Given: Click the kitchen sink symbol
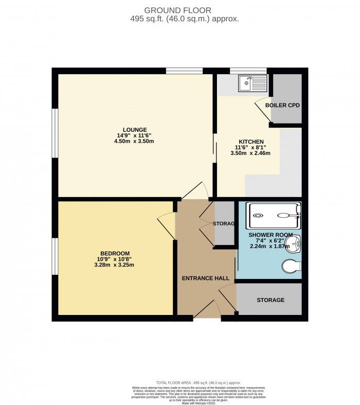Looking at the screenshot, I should point(252,83).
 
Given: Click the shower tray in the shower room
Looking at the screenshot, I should point(273,216).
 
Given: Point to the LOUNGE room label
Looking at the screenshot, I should point(135,130).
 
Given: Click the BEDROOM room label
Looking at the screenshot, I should point(115,253).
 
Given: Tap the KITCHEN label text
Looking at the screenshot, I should point(251,142).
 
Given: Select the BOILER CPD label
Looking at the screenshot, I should point(282,105).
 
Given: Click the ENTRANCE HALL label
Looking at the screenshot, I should point(206,278).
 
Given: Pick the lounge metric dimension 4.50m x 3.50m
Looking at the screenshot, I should point(135,142).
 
